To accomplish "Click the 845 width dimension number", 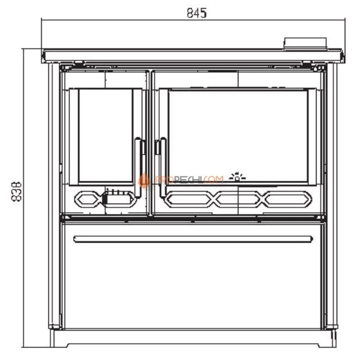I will point(197,12).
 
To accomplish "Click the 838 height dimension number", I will point(17,190).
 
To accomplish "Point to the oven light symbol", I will point(237,175).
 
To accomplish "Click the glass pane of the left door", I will point(106,135).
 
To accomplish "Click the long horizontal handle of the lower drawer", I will point(193,238).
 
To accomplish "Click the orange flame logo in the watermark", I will point(144,180).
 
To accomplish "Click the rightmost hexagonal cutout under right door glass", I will point(286,199).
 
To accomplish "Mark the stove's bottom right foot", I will point(329,339).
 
